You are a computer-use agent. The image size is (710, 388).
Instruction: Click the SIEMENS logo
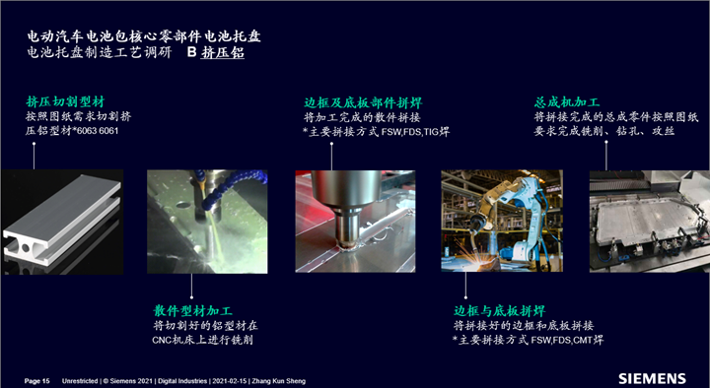coord(652,378)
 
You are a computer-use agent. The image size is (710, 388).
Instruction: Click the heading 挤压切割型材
coord(65,101)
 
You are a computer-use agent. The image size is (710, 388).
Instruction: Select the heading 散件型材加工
coord(192,311)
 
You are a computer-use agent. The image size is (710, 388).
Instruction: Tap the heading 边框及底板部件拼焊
coord(363,103)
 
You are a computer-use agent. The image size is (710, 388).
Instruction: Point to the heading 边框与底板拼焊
coord(499,311)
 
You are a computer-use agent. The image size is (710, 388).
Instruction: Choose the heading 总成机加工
coord(566,102)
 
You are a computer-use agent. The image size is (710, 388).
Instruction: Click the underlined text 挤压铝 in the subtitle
coord(223,52)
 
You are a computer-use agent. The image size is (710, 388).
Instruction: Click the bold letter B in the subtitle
coord(192,52)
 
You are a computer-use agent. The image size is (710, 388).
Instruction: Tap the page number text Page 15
coord(37,381)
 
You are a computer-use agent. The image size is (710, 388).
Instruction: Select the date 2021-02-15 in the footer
coord(230,381)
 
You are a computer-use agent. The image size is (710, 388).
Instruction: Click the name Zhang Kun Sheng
coord(278,381)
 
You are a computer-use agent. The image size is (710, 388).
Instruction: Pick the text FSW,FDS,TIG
coord(410,133)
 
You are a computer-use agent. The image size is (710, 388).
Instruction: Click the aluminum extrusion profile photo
coord(62,222)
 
